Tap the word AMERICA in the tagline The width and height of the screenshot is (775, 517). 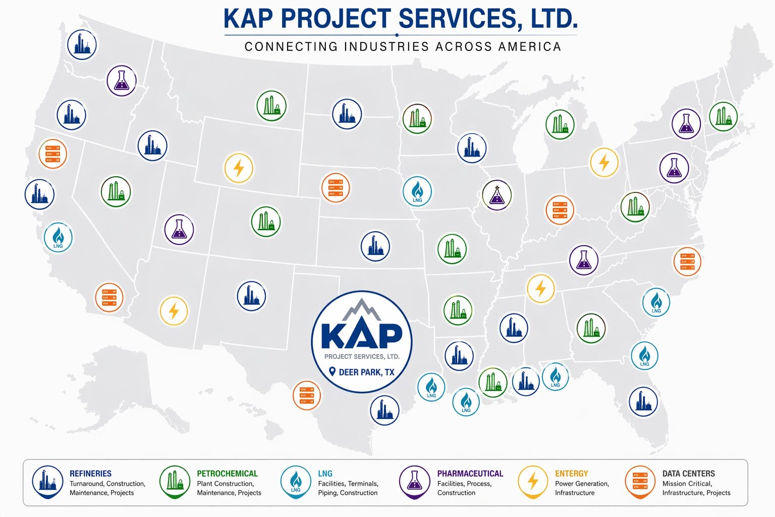(x=529, y=47)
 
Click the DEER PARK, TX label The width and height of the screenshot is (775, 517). (x=366, y=372)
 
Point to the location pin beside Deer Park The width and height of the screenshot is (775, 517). (x=332, y=372)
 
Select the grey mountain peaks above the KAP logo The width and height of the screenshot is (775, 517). (x=361, y=310)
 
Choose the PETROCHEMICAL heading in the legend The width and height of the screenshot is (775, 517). (x=227, y=474)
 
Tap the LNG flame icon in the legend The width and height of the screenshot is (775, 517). (x=295, y=481)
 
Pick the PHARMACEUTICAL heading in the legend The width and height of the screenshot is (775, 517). (x=470, y=474)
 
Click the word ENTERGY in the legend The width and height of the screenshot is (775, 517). (x=571, y=474)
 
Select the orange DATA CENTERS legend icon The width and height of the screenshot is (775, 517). (x=640, y=481)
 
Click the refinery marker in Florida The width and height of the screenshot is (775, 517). (x=643, y=401)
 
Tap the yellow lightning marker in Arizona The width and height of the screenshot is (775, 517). (x=174, y=311)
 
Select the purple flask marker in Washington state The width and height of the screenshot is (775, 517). (x=122, y=80)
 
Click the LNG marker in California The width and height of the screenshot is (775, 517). (x=58, y=237)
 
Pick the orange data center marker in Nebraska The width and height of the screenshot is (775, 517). (x=336, y=187)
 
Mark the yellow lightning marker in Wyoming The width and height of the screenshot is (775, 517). (x=239, y=168)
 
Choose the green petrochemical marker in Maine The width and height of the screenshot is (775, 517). (x=723, y=116)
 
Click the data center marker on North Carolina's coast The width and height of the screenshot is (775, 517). (x=687, y=262)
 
